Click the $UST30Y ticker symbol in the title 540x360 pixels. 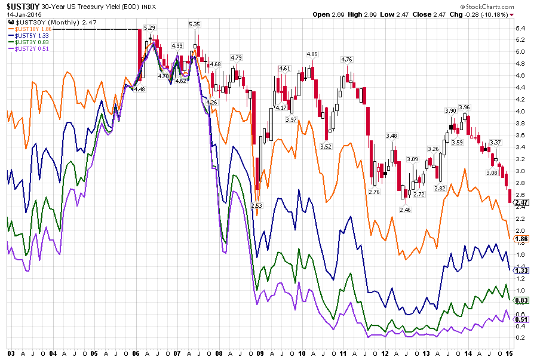coord(22,7)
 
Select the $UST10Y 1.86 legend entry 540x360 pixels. coord(30,28)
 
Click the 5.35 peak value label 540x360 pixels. coord(194,24)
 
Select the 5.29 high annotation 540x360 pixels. coord(150,28)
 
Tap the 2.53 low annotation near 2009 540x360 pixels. coord(257,206)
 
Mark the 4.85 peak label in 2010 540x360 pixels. coord(311,54)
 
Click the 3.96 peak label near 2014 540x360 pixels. coord(464,107)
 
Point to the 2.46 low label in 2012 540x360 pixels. coord(405,210)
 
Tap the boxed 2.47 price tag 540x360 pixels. coord(521,203)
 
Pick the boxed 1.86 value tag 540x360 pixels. coord(521,239)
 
